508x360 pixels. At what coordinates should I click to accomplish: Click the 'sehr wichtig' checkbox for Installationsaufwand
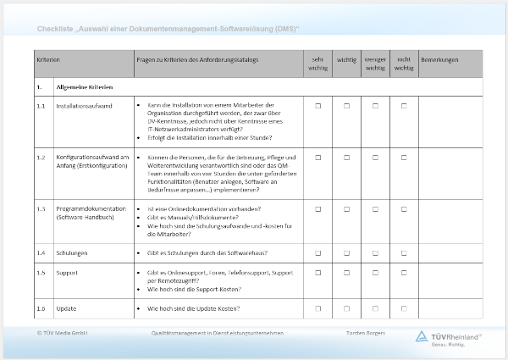coord(318,106)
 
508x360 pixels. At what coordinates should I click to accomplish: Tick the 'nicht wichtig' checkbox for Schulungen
coord(404,253)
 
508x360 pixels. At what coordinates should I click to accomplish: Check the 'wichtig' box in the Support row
coord(347,273)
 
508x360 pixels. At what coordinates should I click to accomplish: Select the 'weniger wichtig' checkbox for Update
coord(376,308)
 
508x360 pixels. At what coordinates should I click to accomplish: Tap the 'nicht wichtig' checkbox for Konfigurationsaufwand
coord(404,157)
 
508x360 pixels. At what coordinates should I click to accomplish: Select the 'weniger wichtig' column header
coord(376,64)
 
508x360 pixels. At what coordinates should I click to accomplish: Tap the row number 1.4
coord(41,253)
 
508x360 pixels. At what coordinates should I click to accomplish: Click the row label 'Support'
coord(67,273)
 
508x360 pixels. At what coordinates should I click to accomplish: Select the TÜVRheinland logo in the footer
coord(449,337)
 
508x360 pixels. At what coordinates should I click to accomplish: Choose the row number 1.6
coord(41,308)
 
